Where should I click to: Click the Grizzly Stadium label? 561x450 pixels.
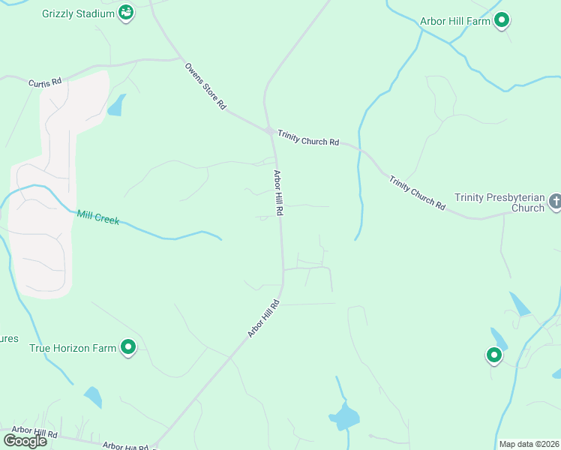click(79, 13)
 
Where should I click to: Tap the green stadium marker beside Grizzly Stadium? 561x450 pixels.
click(127, 13)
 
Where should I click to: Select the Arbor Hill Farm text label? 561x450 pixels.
click(455, 21)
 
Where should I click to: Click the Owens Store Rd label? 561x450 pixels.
click(205, 86)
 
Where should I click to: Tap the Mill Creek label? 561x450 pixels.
click(97, 218)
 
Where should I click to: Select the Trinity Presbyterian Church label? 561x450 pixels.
click(499, 202)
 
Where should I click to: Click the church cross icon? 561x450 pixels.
click(555, 201)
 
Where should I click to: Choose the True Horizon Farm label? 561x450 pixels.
click(73, 348)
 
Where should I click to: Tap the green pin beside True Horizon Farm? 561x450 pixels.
click(128, 347)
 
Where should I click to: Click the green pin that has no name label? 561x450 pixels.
click(494, 355)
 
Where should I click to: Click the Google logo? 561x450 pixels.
click(25, 441)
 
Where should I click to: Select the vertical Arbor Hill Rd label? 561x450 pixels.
click(277, 193)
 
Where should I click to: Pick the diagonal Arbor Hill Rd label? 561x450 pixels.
click(264, 319)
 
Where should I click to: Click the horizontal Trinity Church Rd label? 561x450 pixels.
click(308, 138)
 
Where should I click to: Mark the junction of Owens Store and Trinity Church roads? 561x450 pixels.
click(269, 130)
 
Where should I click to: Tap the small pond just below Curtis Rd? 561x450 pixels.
click(116, 106)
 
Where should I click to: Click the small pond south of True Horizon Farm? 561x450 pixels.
click(93, 397)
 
